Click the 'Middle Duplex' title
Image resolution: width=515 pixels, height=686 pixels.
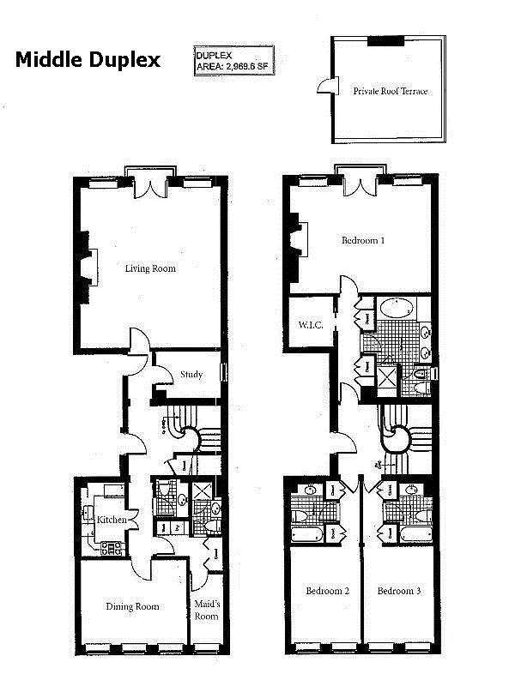click(x=87, y=59)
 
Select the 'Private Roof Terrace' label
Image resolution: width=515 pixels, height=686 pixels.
click(x=390, y=91)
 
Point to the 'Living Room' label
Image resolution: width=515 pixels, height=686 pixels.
click(x=150, y=268)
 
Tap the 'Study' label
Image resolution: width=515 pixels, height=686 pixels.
click(x=191, y=374)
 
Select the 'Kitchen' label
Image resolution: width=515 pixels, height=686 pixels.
click(x=112, y=521)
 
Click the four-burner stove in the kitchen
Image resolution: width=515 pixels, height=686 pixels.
click(x=111, y=548)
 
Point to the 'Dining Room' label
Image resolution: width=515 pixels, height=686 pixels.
click(x=132, y=606)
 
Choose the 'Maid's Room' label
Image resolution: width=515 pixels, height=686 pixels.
click(x=206, y=610)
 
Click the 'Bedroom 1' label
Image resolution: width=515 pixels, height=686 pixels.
click(x=362, y=240)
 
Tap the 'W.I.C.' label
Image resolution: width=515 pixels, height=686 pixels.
click(x=310, y=325)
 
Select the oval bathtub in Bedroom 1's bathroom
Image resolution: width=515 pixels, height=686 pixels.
click(x=396, y=309)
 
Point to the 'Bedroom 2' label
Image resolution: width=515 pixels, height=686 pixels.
click(x=327, y=591)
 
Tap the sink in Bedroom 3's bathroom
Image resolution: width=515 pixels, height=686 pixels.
click(x=413, y=491)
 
